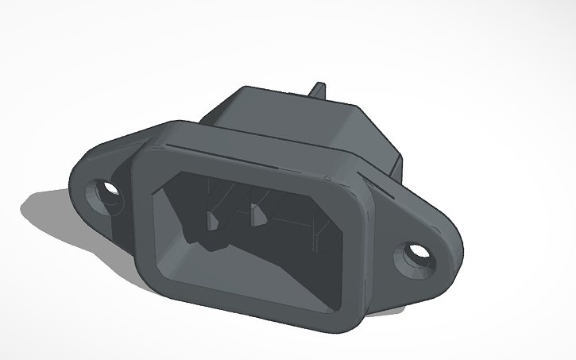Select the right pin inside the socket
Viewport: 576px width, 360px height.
pos(259,215)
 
